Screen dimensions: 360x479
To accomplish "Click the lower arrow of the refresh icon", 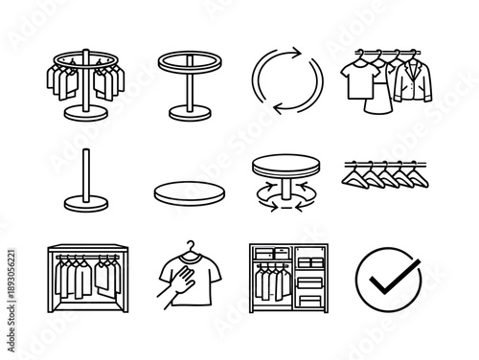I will pyautogui.click(x=273, y=103).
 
